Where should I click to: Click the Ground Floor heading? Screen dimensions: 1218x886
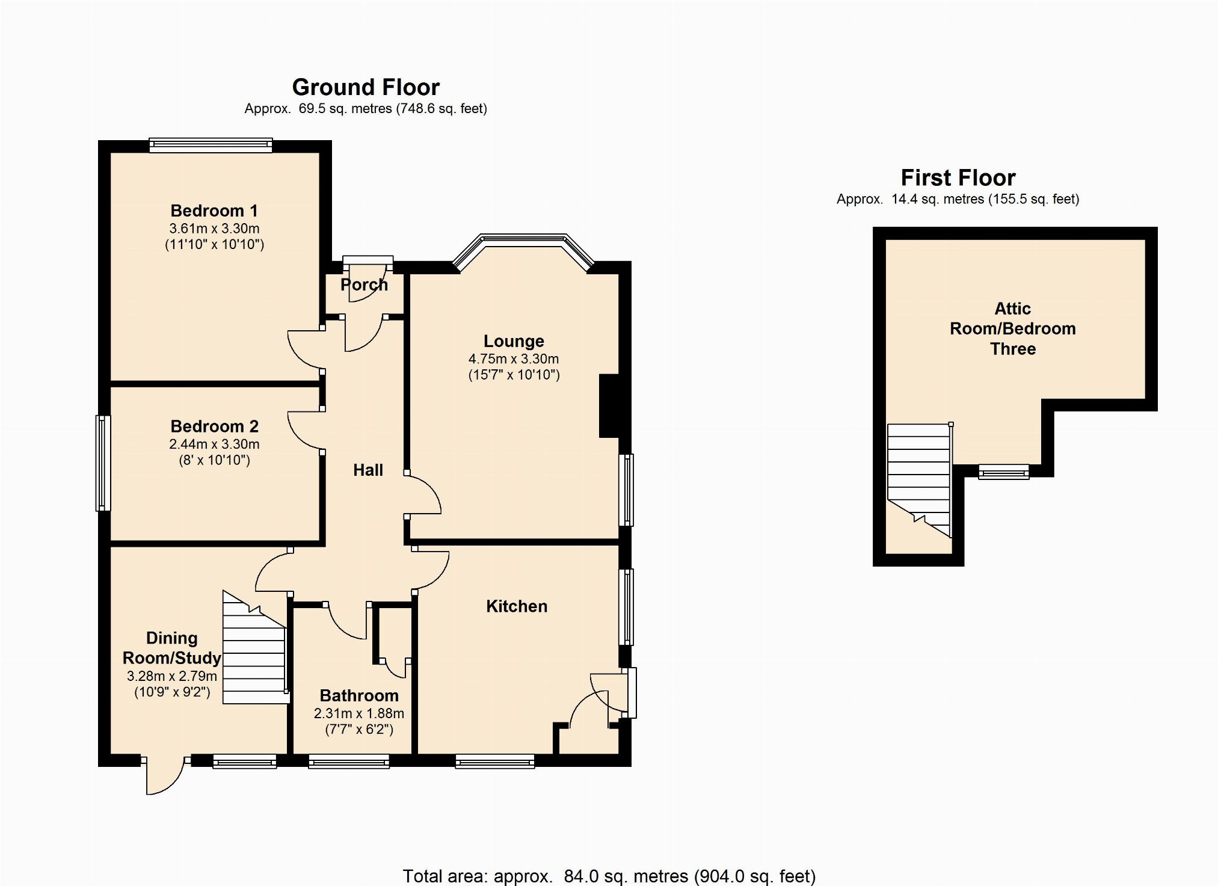click(x=366, y=87)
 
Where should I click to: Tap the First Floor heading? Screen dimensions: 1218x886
click(x=958, y=177)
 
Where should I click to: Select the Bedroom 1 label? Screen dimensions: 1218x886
click(x=214, y=211)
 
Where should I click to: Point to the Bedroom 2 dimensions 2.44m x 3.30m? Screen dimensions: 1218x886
click(x=214, y=444)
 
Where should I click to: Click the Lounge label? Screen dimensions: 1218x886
click(x=514, y=341)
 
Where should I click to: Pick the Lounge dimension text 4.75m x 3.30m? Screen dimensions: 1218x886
click(x=514, y=358)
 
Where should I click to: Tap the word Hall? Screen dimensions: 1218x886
click(x=368, y=470)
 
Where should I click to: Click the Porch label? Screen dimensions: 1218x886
click(x=364, y=285)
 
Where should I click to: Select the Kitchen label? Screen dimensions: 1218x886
click(x=517, y=606)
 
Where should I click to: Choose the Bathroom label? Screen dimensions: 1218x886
click(x=359, y=695)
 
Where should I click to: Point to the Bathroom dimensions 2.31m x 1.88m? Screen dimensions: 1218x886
click(x=359, y=713)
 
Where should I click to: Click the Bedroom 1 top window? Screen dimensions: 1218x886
click(x=211, y=145)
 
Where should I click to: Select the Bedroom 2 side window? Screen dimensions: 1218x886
click(x=103, y=463)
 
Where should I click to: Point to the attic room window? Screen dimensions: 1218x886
click(x=1003, y=472)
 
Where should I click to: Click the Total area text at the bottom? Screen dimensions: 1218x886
click(x=609, y=876)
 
